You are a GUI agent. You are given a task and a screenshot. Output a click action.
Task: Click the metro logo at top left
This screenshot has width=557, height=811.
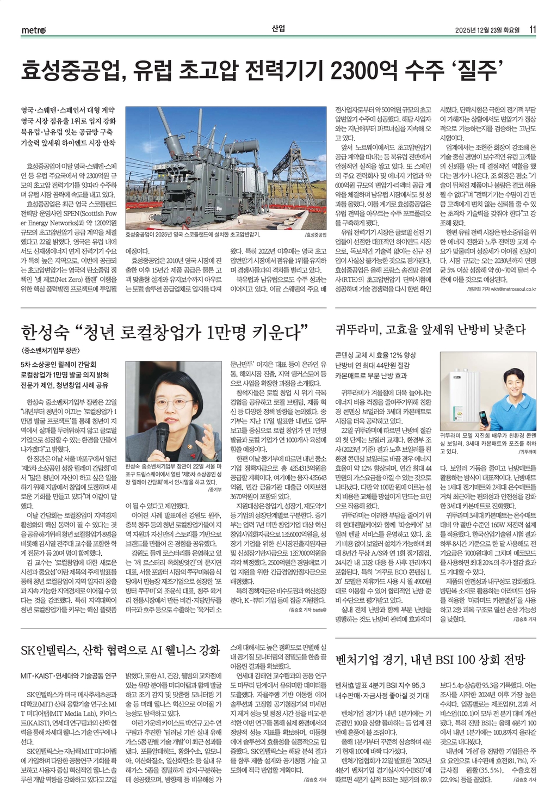coord(33,30)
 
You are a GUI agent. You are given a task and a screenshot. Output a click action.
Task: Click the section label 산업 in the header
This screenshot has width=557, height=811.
coord(278,28)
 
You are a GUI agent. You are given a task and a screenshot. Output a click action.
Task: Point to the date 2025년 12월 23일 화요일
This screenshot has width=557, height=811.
coord(487,30)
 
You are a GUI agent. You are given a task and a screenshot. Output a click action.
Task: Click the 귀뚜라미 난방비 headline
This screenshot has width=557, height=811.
coord(431,329)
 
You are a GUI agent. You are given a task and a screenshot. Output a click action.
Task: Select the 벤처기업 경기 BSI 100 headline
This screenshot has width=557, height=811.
coord(430,660)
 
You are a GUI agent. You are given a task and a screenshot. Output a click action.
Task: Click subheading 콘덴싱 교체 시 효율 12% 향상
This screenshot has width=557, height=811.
coord(375,355)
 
